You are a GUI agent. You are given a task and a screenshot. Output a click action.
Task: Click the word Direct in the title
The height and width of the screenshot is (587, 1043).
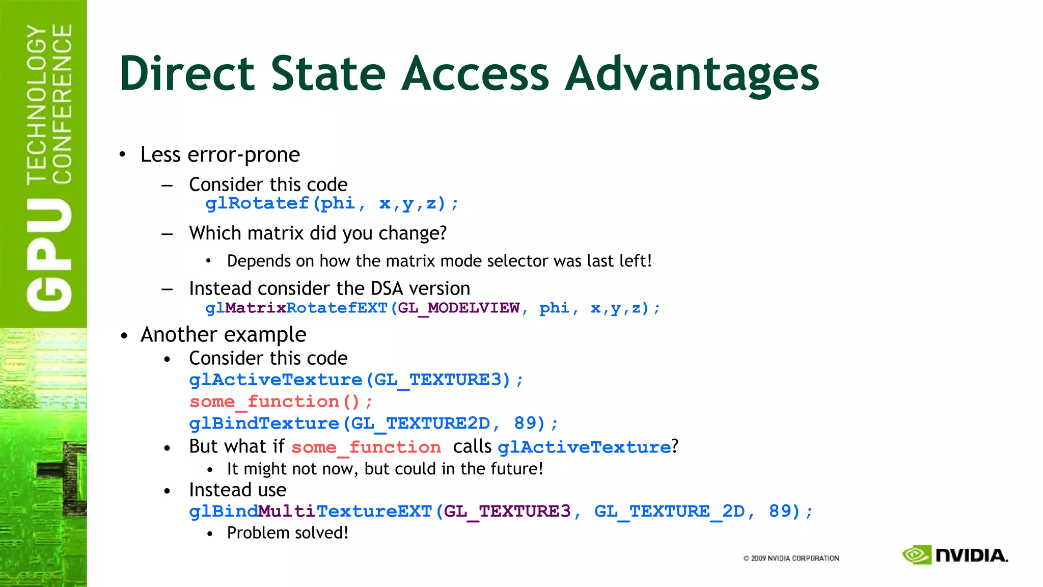(186, 74)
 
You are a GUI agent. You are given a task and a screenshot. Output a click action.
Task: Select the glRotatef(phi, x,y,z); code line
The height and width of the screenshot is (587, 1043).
(332, 204)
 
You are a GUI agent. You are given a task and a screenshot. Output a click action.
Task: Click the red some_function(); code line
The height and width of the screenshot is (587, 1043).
(281, 402)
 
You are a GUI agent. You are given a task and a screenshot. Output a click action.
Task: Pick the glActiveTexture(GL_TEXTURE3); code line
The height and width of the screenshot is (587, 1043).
(355, 380)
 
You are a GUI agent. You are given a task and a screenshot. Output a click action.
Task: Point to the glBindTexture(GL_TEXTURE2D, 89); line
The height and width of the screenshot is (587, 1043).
(373, 424)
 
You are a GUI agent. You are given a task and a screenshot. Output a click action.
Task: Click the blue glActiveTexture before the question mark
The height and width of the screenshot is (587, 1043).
(584, 447)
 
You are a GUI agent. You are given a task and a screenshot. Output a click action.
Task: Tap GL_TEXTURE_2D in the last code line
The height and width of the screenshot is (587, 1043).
(669, 512)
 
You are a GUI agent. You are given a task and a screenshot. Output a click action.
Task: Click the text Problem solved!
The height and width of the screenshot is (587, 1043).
(288, 533)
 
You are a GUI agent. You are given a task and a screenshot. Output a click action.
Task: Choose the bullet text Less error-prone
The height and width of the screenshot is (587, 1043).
(220, 155)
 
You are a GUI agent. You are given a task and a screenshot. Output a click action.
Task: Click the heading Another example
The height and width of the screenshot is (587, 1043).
(223, 335)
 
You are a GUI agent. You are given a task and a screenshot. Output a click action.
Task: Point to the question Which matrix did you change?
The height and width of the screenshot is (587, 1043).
(318, 233)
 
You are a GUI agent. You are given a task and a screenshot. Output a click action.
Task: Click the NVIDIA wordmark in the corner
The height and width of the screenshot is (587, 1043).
(972, 555)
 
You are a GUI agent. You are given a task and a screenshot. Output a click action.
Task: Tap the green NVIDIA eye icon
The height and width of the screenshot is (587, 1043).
(916, 555)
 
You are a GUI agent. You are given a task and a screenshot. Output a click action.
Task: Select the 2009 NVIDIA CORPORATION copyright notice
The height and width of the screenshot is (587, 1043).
(791, 558)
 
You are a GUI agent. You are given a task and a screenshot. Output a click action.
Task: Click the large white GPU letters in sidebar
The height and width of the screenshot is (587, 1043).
(49, 255)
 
